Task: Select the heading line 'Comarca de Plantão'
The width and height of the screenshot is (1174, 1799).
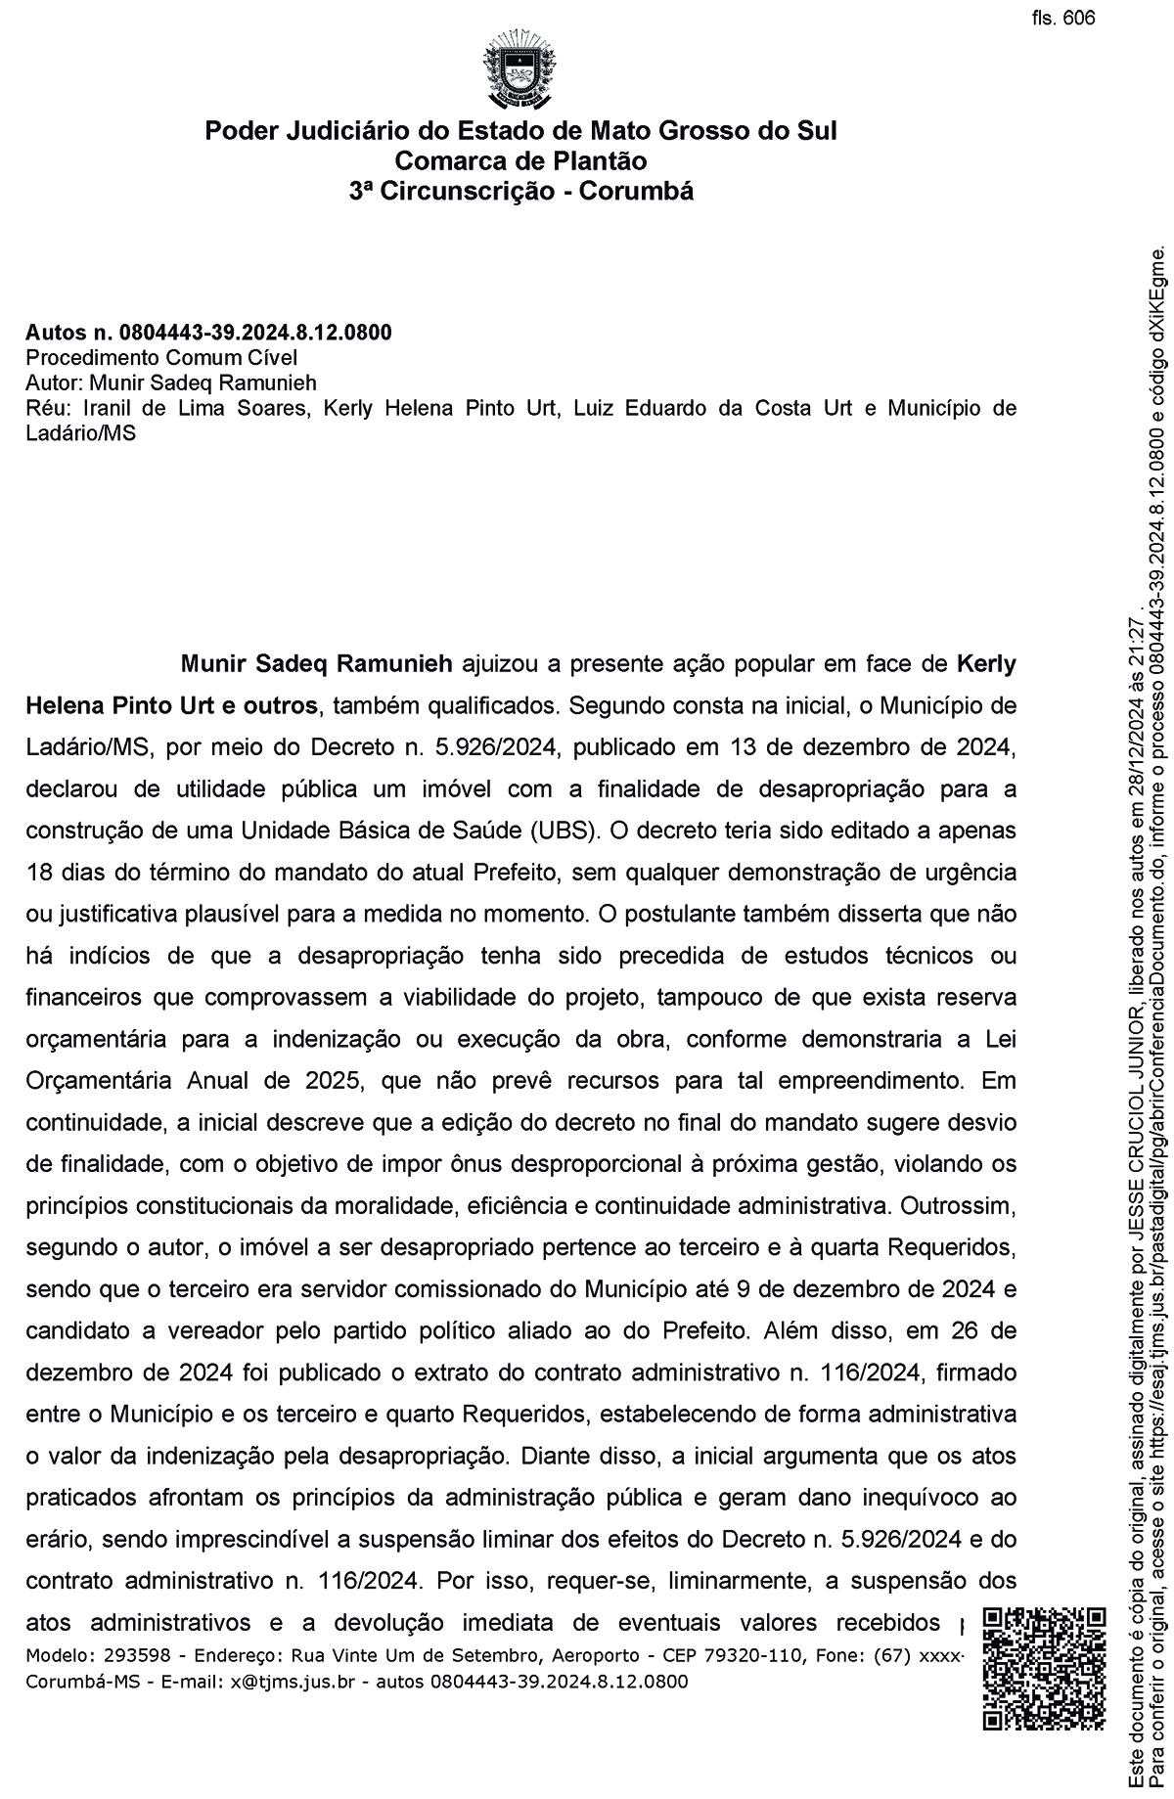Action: click(x=520, y=160)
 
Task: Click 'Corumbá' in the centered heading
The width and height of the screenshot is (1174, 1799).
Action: click(x=636, y=191)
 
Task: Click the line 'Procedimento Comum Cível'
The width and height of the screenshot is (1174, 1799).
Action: click(x=161, y=357)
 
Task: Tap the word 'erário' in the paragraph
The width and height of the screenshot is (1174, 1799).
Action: click(x=57, y=1539)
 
